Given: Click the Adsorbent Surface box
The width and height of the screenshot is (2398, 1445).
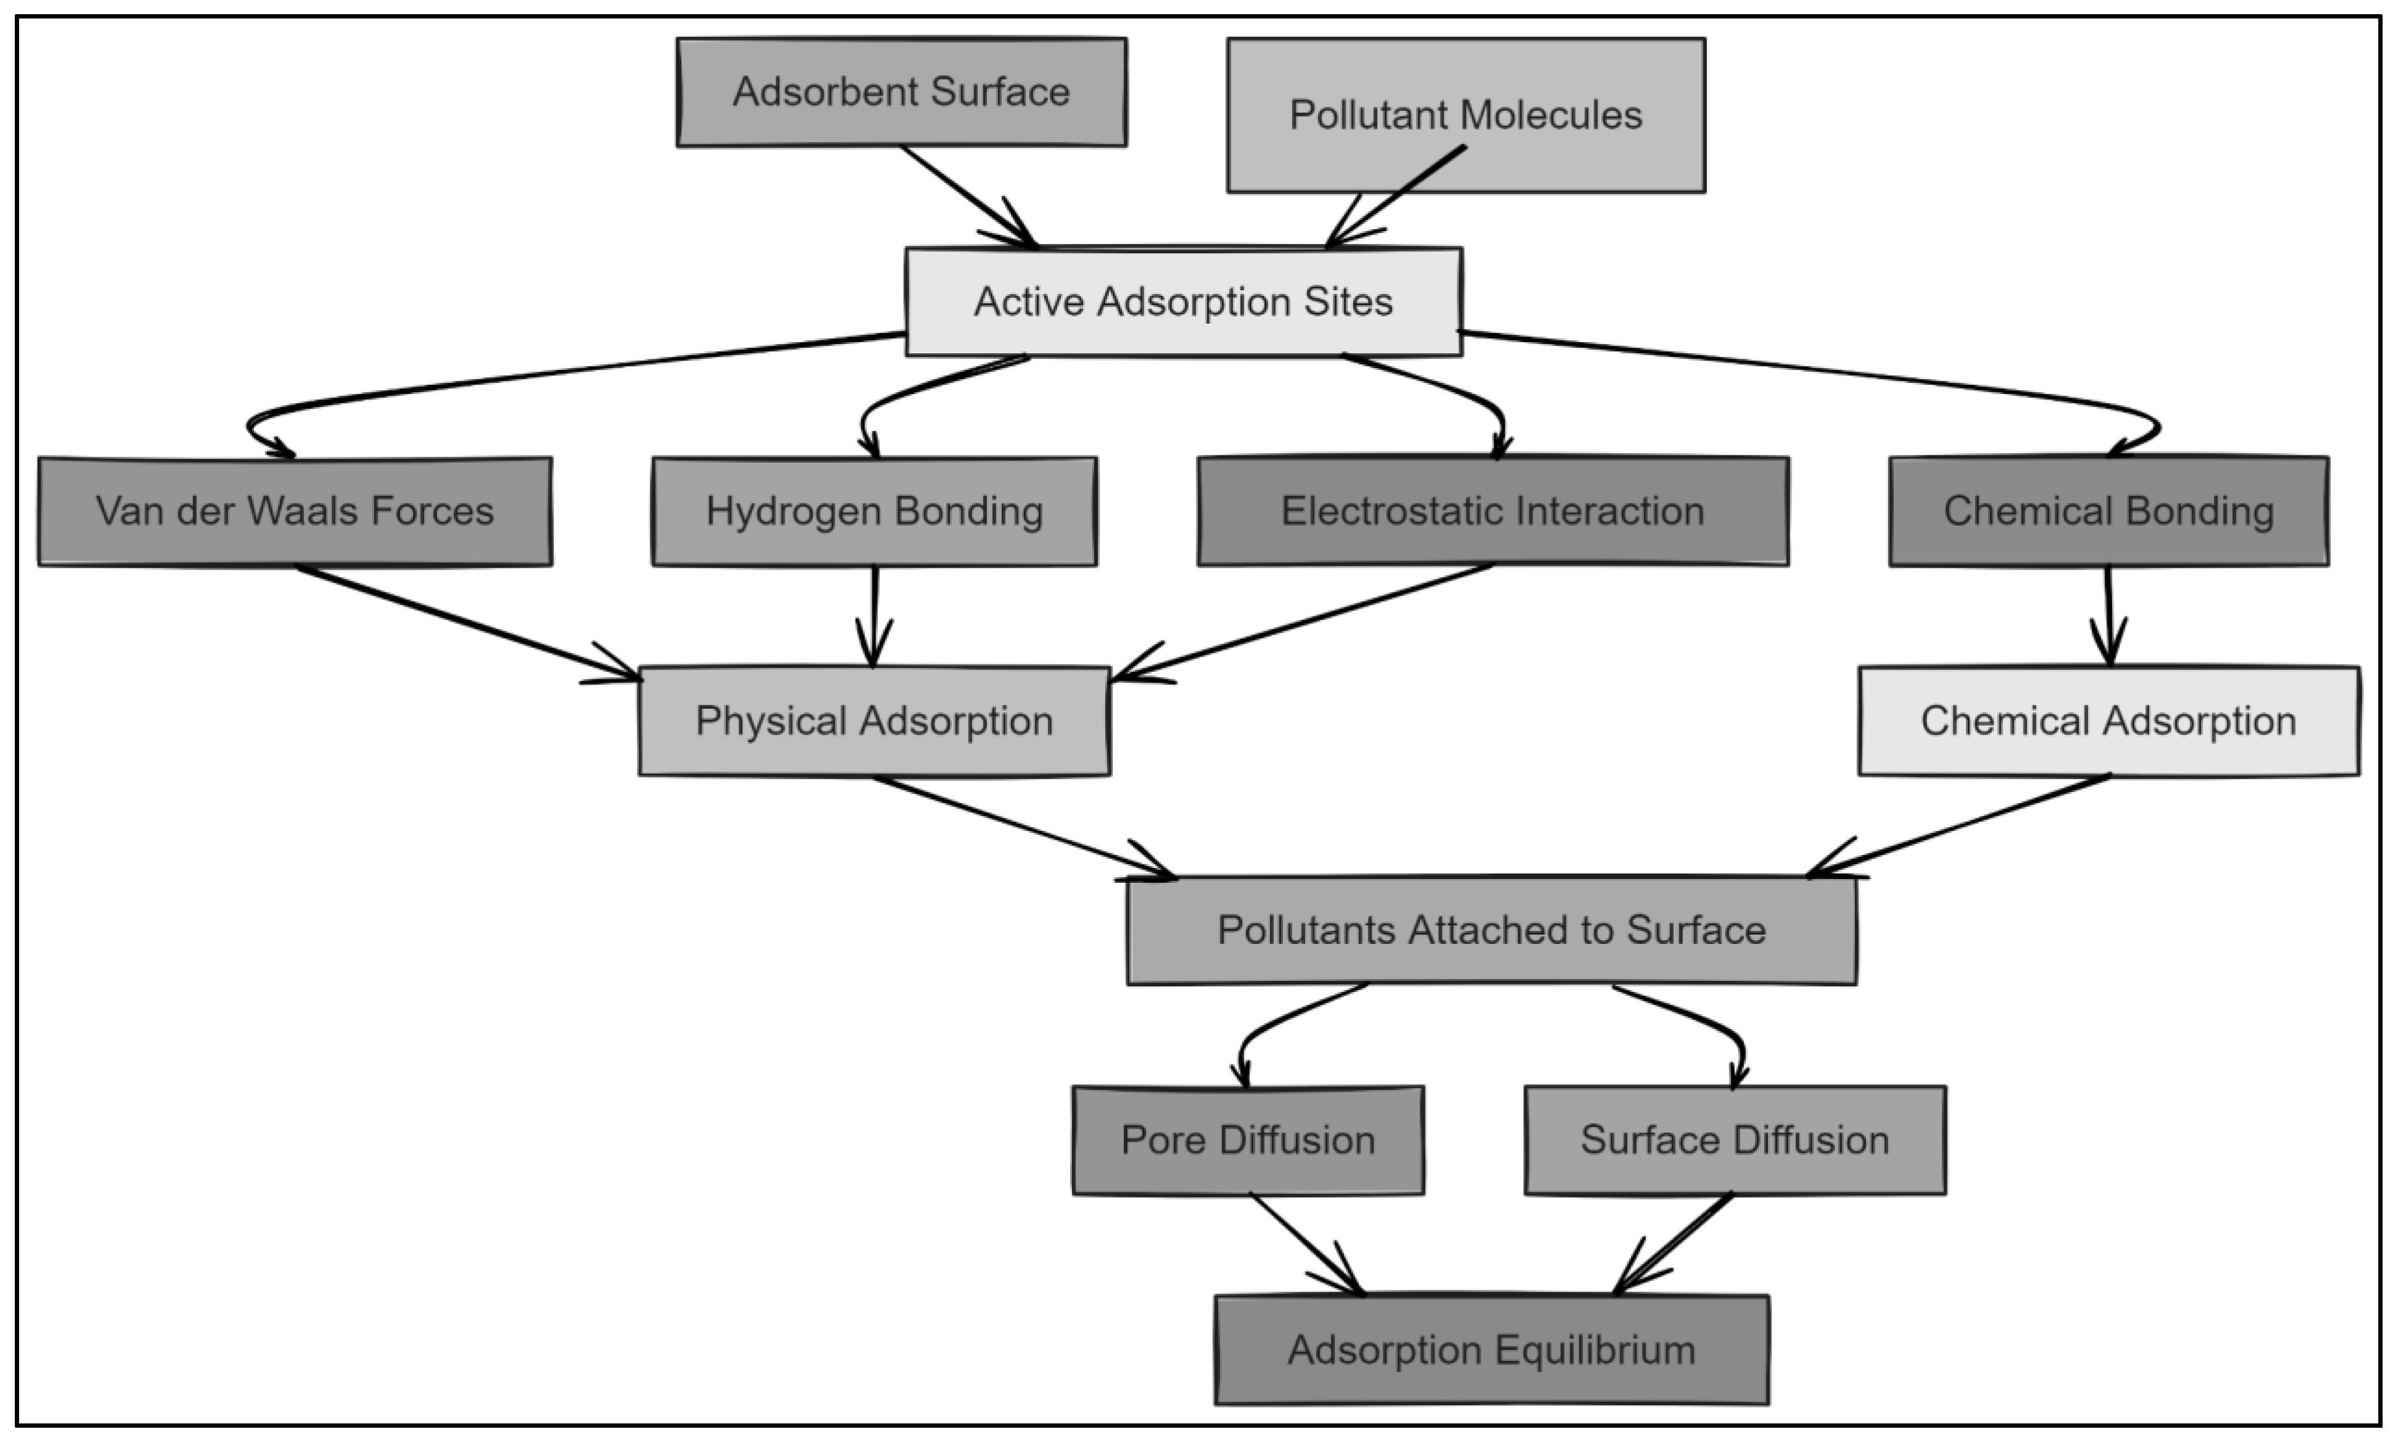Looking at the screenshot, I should [901, 92].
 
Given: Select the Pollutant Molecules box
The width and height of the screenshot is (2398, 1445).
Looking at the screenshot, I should [1466, 115].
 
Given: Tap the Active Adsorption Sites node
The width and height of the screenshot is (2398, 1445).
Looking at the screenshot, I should [1184, 301].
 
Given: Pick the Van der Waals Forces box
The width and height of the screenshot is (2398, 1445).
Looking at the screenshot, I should [295, 511].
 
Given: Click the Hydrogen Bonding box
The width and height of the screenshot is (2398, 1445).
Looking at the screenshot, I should [874, 511].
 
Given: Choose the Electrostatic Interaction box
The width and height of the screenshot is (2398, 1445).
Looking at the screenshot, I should [1493, 511].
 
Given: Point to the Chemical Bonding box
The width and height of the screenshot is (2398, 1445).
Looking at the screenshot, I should [2109, 511].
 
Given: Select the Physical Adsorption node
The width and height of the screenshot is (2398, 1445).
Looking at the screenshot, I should [874, 721].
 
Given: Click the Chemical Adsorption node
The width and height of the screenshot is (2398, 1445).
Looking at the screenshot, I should [2108, 721].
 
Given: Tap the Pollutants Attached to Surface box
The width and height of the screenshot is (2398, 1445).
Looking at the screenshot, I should [1491, 930].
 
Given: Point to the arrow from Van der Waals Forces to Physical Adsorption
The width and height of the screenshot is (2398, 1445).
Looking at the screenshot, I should [467, 623].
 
